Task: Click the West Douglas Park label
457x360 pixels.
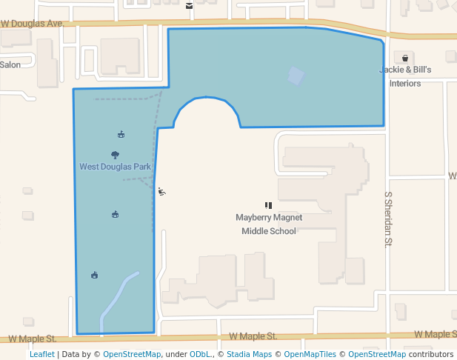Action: coord(115,167)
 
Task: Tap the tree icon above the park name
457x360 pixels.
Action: coord(116,155)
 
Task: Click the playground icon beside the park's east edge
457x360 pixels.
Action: coord(161,192)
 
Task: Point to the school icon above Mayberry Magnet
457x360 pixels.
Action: coord(268,205)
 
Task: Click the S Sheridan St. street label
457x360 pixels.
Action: coord(387,219)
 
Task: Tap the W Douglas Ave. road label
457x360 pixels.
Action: coord(32,24)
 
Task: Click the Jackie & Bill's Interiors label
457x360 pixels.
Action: coord(405,76)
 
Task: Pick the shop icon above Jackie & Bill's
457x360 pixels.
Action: coord(405,58)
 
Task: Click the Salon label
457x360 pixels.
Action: coord(10,64)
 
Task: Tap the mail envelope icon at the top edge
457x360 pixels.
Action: coord(190,6)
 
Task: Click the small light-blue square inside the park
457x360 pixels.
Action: coord(296,76)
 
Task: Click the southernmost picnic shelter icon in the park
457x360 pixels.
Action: coord(94,276)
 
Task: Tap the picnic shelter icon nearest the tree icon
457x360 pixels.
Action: coord(121,135)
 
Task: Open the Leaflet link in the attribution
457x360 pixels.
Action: coord(41,354)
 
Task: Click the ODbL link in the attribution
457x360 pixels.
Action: coord(200,354)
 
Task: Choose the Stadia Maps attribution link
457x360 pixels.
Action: coord(248,354)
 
